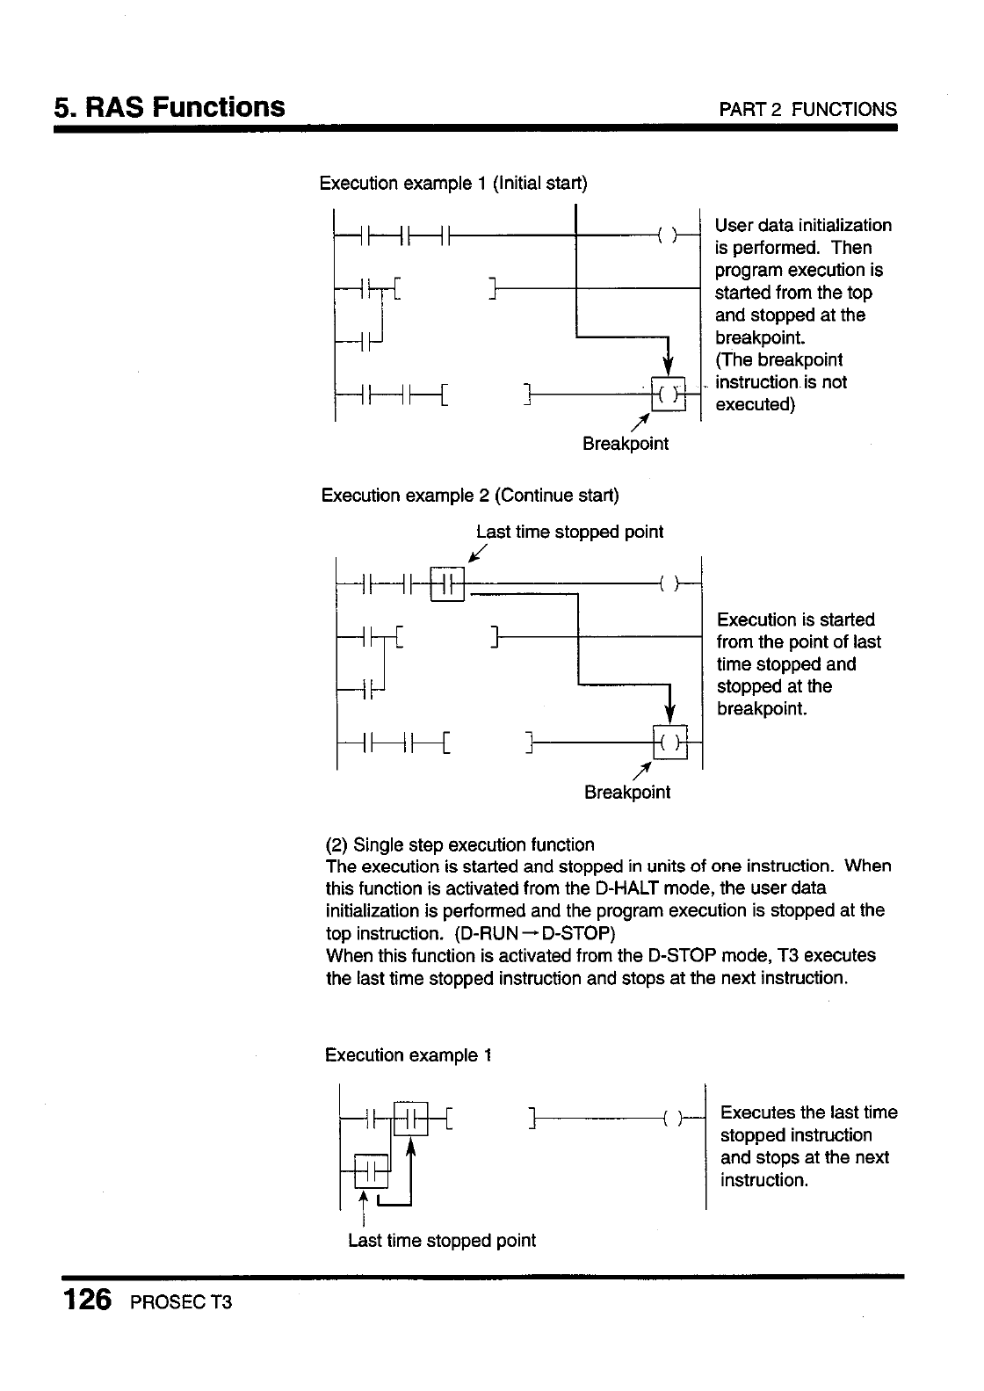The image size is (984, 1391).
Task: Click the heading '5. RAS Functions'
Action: coord(170,107)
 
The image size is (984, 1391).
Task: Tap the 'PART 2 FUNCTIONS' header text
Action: coord(807,110)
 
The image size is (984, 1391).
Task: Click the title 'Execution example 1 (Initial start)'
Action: coord(453,183)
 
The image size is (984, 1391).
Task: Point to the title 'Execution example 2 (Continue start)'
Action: coord(470,496)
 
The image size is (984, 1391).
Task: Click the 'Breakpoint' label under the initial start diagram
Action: coord(626,444)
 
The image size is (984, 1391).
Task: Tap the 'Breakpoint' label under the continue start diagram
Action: coord(627,793)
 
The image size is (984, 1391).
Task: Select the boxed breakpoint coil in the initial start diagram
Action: coord(669,394)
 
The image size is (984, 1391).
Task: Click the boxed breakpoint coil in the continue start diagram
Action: coord(670,743)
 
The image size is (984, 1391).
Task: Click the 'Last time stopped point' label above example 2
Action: coord(569,532)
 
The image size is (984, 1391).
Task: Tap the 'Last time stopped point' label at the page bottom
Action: coord(442,1241)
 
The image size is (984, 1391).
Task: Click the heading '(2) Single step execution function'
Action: coord(459,845)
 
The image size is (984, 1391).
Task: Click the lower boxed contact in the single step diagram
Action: coord(371,1171)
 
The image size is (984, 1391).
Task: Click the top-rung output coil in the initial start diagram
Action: coord(668,235)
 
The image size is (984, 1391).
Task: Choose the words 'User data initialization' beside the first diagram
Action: coord(803,226)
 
